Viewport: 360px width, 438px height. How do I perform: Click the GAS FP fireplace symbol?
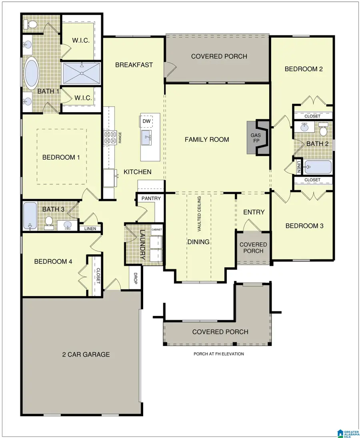tap(258, 137)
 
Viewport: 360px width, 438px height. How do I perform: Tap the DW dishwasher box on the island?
tap(146, 121)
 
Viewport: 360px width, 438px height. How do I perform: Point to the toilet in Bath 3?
tap(49, 221)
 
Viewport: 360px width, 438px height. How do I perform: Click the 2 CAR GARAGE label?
tap(86, 354)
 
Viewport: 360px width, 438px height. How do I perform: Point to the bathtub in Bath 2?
tap(318, 167)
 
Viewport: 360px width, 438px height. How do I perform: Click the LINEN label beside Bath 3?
tap(90, 229)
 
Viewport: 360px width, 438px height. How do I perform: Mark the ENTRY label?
tap(254, 212)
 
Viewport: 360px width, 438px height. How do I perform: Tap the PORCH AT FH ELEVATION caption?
tap(218, 354)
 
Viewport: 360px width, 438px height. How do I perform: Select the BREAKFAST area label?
tap(134, 64)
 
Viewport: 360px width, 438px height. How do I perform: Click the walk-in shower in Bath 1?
tap(81, 73)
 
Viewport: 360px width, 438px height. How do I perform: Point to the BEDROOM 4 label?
tap(53, 261)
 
